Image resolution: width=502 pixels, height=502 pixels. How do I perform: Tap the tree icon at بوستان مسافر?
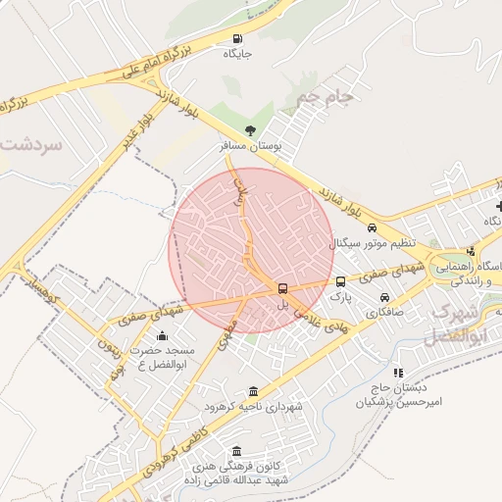click(250, 130)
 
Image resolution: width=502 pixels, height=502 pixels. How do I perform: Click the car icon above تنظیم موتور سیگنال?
click(372, 228)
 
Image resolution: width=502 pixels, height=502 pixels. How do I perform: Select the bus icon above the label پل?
click(282, 288)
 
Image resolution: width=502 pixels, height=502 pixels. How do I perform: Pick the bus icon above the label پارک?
click(340, 281)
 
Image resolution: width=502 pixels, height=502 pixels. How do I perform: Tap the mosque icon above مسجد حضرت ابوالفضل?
click(162, 336)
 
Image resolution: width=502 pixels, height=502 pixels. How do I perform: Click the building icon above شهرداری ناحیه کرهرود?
click(254, 391)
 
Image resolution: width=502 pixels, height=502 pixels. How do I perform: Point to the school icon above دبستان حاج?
click(398, 373)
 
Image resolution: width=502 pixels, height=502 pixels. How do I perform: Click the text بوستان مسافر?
click(251, 145)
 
